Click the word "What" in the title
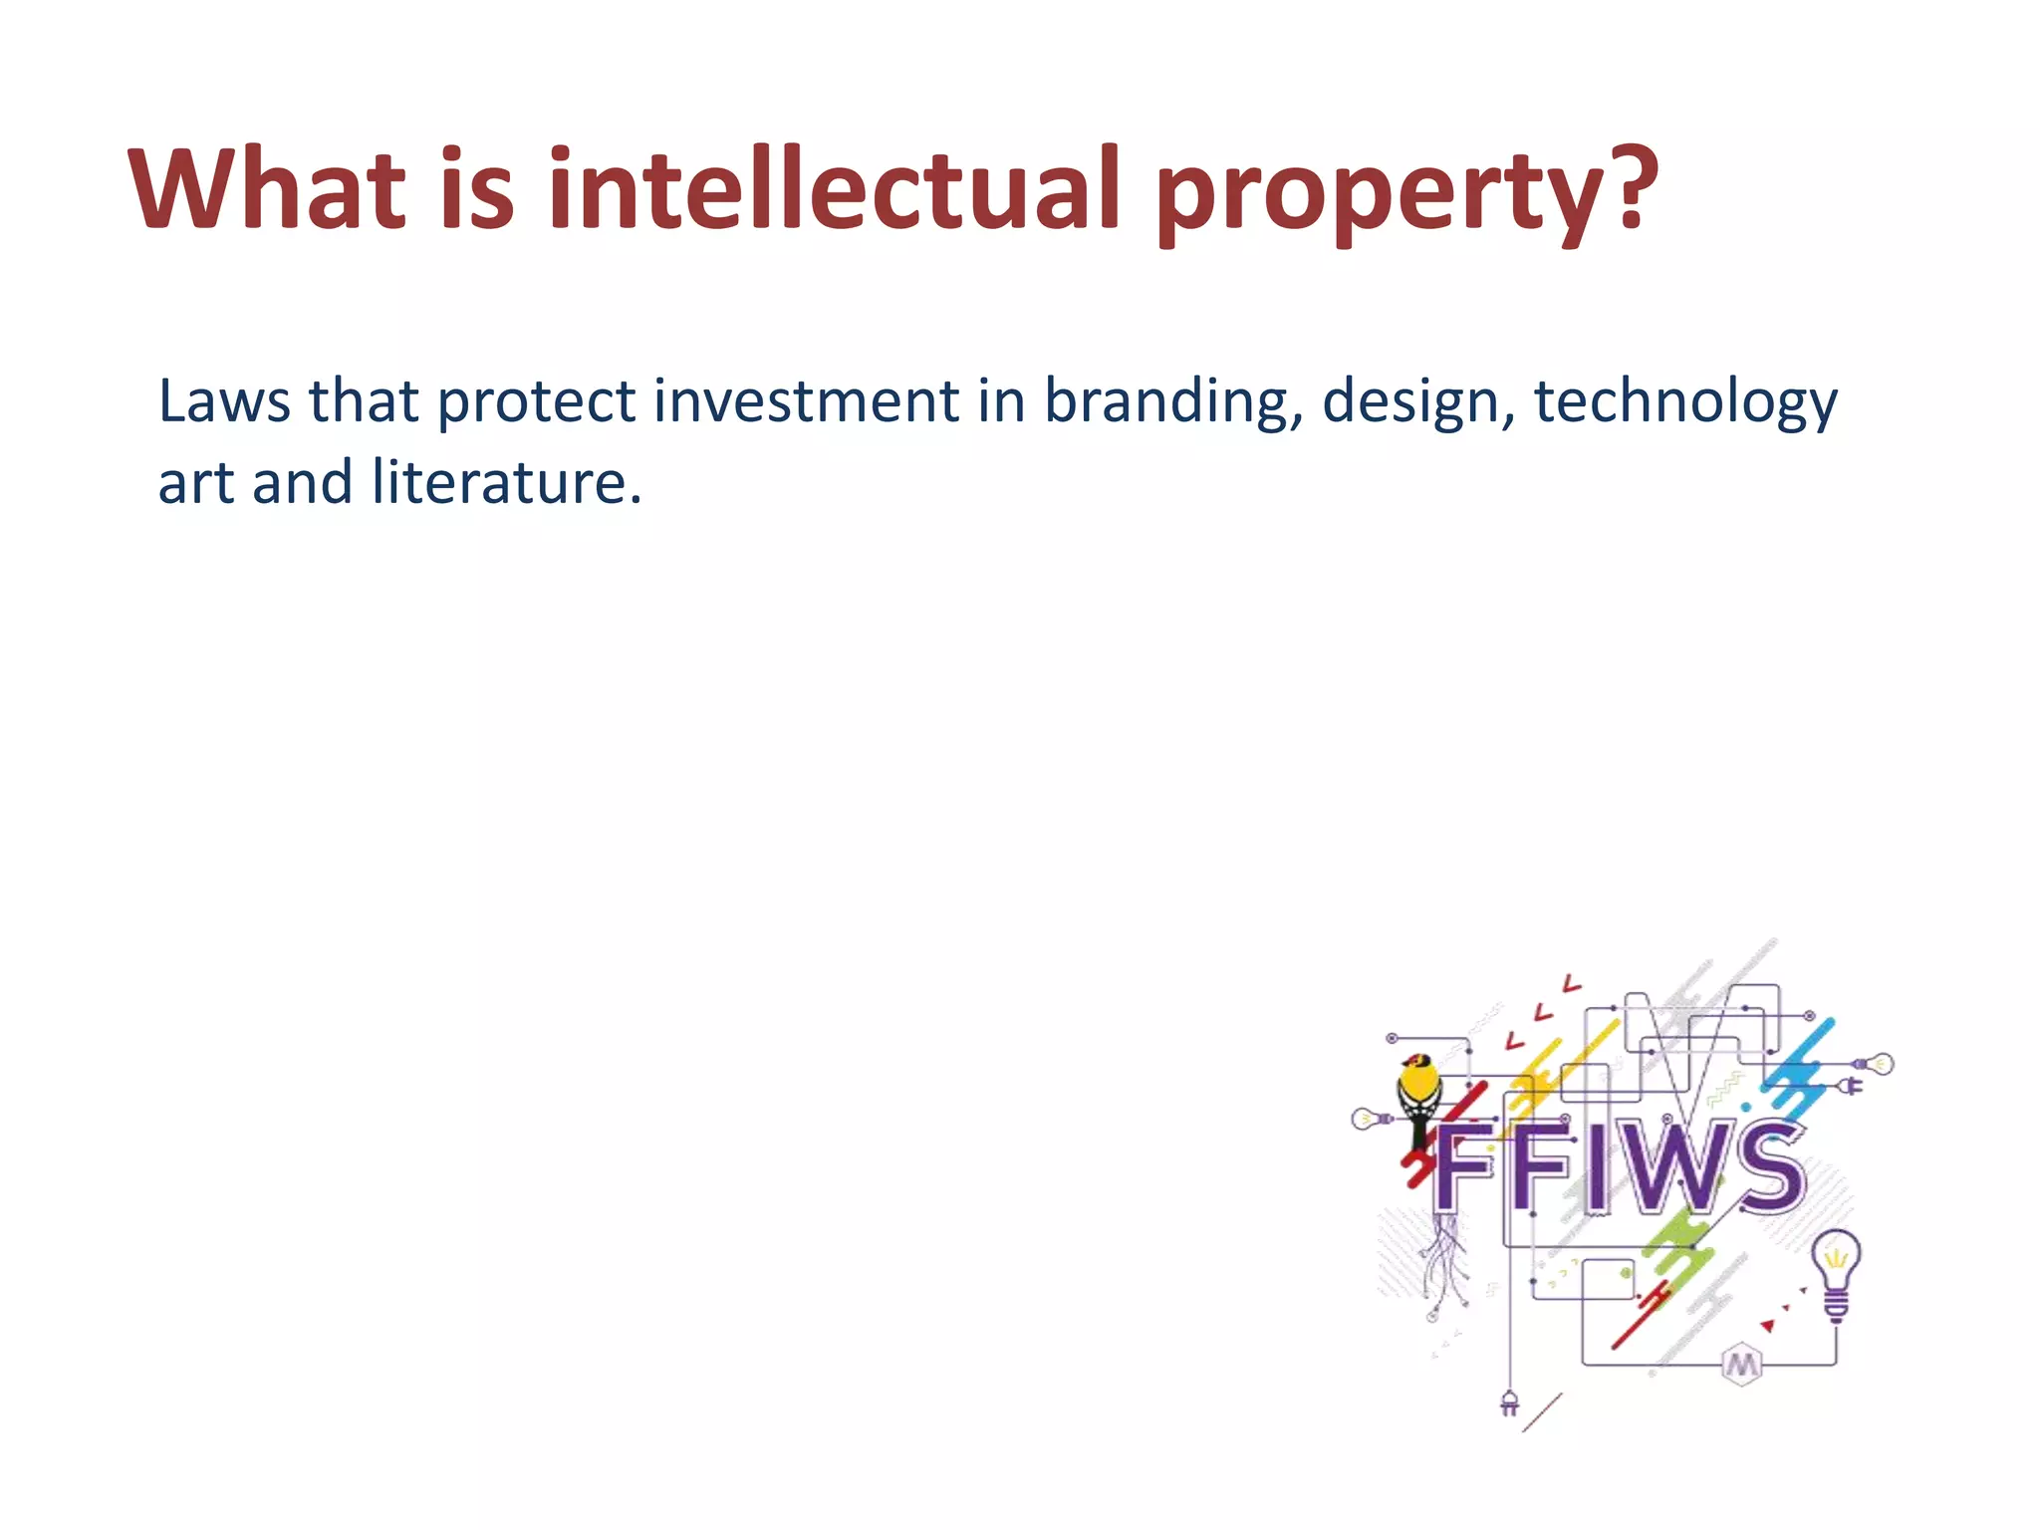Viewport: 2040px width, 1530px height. (267, 189)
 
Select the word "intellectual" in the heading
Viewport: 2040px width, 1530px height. (835, 189)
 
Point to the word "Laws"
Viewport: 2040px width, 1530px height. (224, 401)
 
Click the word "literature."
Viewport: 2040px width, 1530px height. (506, 483)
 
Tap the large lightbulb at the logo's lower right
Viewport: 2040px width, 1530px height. (1836, 1270)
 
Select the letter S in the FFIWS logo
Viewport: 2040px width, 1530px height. (1765, 1165)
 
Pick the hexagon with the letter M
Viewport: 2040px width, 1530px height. (1741, 1364)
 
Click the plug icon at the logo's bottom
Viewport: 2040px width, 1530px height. (1509, 1403)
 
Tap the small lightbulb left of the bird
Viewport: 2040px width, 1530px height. (1368, 1119)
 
